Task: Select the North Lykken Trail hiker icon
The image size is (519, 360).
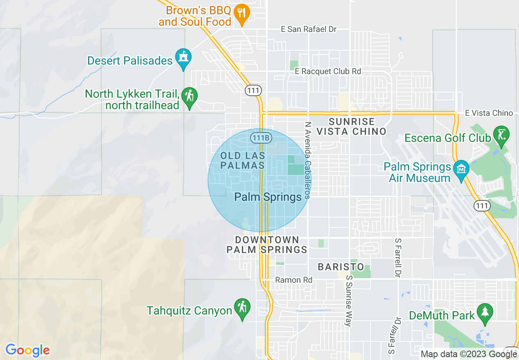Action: pyautogui.click(x=190, y=97)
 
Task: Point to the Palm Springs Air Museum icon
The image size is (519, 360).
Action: pyautogui.click(x=462, y=169)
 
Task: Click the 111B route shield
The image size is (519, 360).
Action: pyautogui.click(x=261, y=138)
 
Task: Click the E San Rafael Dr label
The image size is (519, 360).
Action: pyautogui.click(x=309, y=29)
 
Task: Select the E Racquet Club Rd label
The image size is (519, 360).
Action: pyautogui.click(x=328, y=71)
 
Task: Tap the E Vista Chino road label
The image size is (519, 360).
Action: pyautogui.click(x=489, y=113)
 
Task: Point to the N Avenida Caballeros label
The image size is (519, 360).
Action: pyautogui.click(x=308, y=160)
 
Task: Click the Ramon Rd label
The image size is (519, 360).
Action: pyautogui.click(x=293, y=280)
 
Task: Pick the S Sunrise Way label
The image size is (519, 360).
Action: pyautogui.click(x=349, y=300)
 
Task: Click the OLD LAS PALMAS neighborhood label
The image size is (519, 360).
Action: pyautogui.click(x=243, y=161)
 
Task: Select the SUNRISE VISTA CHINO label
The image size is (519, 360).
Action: pyautogui.click(x=352, y=126)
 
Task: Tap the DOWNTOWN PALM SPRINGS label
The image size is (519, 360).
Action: pyautogui.click(x=267, y=245)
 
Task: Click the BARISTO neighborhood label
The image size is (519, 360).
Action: pyautogui.click(x=341, y=267)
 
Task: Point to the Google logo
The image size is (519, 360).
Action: pyautogui.click(x=27, y=350)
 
